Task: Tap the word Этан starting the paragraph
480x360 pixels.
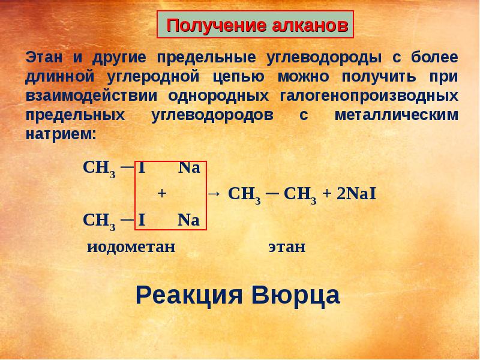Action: click(41, 58)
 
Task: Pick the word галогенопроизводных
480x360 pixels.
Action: click(370, 96)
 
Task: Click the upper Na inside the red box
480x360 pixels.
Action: click(188, 168)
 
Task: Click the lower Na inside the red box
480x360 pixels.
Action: click(188, 220)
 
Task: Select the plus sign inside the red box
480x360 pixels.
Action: click(161, 194)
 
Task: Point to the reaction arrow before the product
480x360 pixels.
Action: click(214, 194)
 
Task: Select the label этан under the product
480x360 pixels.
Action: click(286, 247)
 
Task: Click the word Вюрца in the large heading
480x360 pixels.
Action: click(293, 295)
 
